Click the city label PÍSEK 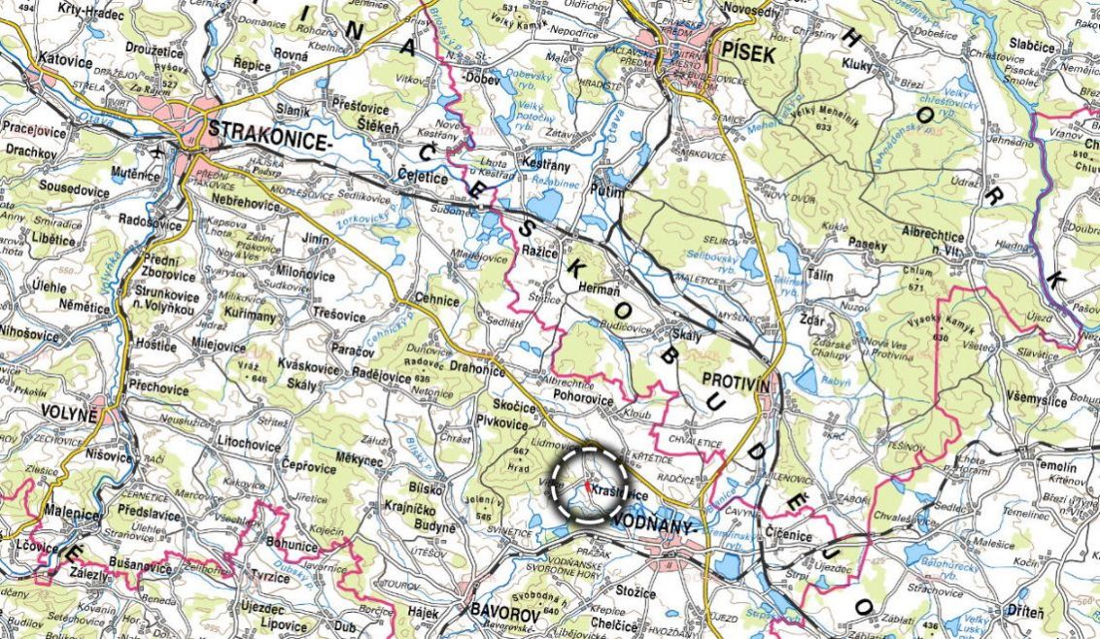tap(748, 54)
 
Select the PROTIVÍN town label tap(736, 386)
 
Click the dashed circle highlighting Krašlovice tap(590, 486)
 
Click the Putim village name tap(607, 192)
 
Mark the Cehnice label tap(437, 300)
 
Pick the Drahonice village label tap(477, 368)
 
